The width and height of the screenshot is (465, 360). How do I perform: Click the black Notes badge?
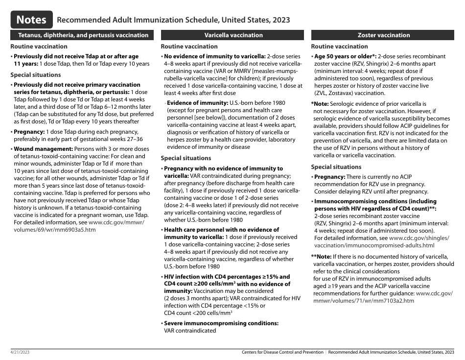click(x=32, y=20)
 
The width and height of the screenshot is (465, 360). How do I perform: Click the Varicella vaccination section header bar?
click(x=233, y=35)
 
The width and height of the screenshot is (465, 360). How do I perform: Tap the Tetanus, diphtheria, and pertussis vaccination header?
click(x=83, y=35)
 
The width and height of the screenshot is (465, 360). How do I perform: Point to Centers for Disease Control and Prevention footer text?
click(x=282, y=352)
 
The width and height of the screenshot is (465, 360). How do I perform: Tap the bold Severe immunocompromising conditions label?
click(x=221, y=323)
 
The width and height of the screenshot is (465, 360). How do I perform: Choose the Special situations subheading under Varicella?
click(x=186, y=158)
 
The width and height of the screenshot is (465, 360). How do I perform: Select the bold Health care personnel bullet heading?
click(x=221, y=230)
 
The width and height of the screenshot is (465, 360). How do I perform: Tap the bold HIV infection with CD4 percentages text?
click(x=227, y=277)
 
